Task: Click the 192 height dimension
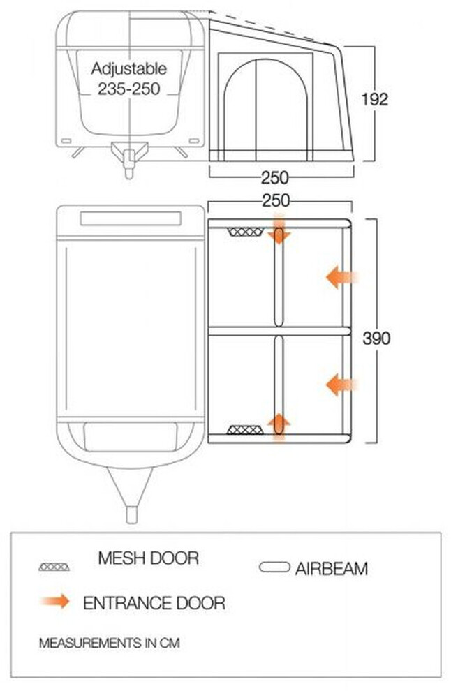[375, 99]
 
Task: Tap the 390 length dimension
[376, 339]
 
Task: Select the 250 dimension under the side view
[274, 177]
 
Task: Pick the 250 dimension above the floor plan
[276, 200]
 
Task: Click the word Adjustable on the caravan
[128, 68]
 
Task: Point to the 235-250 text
[128, 89]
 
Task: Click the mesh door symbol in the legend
[54, 567]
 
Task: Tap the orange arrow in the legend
[56, 601]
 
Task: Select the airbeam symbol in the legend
[274, 567]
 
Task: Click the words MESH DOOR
[149, 558]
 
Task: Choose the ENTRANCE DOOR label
[154, 603]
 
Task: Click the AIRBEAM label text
[332, 568]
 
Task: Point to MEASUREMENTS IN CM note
[110, 643]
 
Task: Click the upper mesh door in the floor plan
[246, 232]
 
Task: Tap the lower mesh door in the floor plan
[245, 430]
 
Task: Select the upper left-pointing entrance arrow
[341, 278]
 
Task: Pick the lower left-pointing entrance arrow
[341, 385]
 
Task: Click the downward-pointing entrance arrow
[279, 228]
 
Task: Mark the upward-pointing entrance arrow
[279, 427]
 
